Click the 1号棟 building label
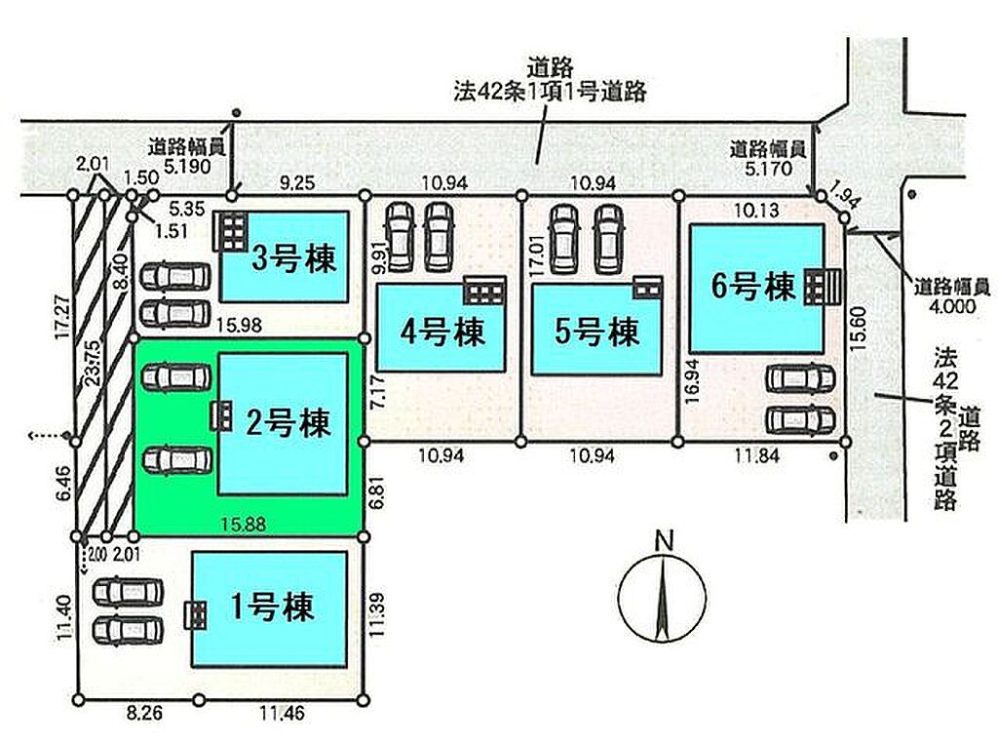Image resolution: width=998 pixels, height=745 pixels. (272, 607)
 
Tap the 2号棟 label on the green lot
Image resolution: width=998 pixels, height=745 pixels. (288, 422)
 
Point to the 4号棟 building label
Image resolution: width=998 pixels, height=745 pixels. (442, 332)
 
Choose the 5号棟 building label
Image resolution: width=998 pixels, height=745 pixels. (596, 332)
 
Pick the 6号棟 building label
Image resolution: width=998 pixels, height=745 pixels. (753, 286)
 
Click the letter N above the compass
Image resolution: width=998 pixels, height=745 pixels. (664, 541)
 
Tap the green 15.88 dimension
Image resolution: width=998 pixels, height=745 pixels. (243, 524)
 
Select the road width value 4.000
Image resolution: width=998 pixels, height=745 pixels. (952, 306)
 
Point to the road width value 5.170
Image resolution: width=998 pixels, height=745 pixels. (769, 169)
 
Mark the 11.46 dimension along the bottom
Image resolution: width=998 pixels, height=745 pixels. (282, 713)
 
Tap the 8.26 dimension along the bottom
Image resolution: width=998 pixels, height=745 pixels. (144, 713)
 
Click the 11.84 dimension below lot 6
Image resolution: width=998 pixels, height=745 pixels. (756, 456)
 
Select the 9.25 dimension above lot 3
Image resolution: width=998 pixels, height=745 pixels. (297, 183)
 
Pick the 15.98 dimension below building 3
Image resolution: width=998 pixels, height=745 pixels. (239, 326)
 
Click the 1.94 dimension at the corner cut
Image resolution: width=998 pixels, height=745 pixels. (846, 194)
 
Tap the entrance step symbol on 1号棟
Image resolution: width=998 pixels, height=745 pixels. (195, 615)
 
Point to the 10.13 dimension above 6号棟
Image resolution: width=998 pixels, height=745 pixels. (756, 210)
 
